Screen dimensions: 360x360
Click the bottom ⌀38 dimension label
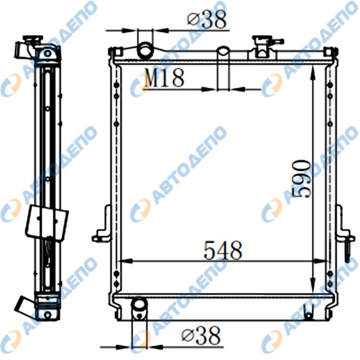click(x=201, y=335)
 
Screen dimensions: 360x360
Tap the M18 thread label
click(x=164, y=78)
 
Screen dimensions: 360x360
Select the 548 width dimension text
click(x=223, y=250)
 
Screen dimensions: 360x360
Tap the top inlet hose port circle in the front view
click(x=145, y=49)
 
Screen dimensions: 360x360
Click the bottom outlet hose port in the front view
click(x=139, y=309)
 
